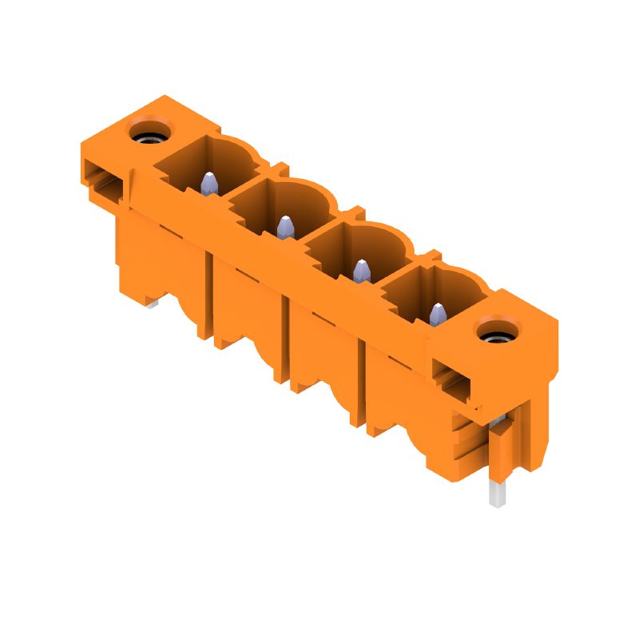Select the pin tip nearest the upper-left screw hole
[x=208, y=183]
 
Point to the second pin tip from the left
[x=284, y=228]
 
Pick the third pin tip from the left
[x=362, y=271]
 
